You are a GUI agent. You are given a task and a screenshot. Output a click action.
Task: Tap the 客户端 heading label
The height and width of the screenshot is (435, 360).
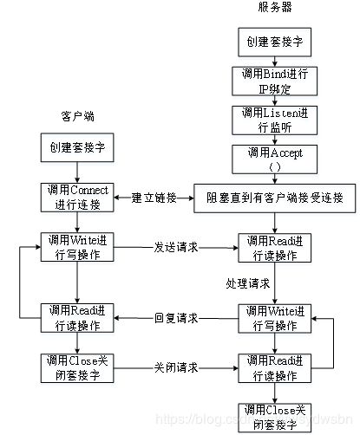(x=78, y=114)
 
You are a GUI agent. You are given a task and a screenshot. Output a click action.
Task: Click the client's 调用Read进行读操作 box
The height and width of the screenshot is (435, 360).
(x=77, y=318)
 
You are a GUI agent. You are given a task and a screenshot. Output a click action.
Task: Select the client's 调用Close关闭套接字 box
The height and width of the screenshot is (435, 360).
(x=77, y=367)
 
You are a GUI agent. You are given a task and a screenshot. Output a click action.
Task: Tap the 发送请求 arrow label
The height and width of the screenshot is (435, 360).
(x=176, y=247)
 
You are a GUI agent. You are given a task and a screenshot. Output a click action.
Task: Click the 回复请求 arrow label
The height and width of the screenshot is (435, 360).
(x=176, y=318)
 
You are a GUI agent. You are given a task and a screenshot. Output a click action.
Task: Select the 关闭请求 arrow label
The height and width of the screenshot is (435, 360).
(x=176, y=367)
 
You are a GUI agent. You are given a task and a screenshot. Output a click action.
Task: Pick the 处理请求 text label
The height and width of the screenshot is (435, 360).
(x=249, y=283)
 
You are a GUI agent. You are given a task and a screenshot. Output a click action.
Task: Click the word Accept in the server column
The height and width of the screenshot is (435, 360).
(x=281, y=152)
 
